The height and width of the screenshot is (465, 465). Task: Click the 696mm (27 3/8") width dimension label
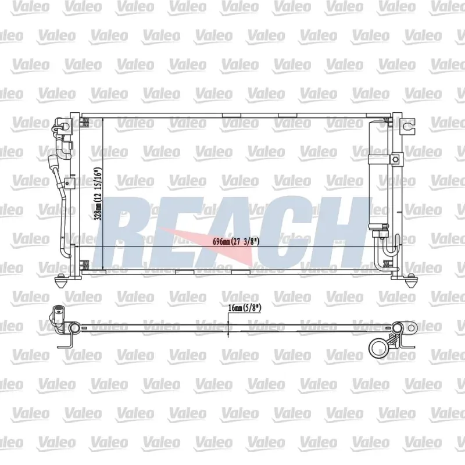pyautogui.click(x=236, y=241)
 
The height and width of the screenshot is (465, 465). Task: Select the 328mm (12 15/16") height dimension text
pyautogui.click(x=98, y=194)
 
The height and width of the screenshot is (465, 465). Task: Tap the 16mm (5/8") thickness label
pyautogui.click(x=245, y=308)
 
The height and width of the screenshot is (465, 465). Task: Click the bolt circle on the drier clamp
pyautogui.click(x=395, y=159)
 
